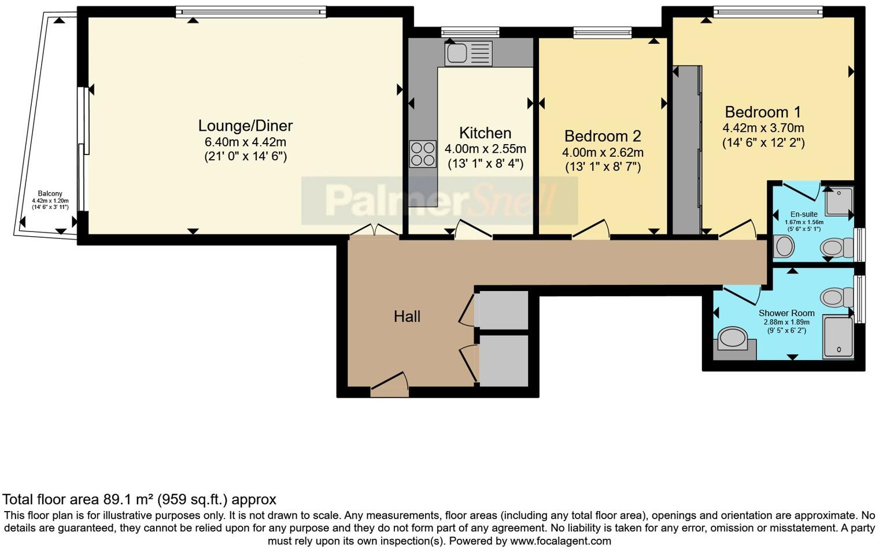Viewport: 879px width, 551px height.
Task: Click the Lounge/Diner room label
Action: click(x=245, y=126)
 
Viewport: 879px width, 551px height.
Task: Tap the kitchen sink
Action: click(x=468, y=53)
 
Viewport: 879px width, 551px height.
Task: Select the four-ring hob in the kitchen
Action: click(x=423, y=154)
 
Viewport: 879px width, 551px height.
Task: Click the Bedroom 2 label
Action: click(x=603, y=136)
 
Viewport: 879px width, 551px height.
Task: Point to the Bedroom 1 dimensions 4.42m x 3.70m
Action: click(x=763, y=128)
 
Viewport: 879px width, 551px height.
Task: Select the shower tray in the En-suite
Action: click(x=839, y=201)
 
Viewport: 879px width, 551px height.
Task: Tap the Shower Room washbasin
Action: click(x=733, y=337)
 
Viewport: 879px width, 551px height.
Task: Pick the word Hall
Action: click(x=407, y=316)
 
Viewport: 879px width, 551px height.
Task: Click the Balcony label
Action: click(x=50, y=193)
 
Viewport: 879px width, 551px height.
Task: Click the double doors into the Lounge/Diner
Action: click(x=375, y=230)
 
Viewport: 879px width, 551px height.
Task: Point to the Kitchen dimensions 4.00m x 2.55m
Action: click(x=485, y=149)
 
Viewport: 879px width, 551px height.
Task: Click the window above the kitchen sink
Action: click(x=470, y=32)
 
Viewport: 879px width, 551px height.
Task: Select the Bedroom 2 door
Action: click(x=591, y=230)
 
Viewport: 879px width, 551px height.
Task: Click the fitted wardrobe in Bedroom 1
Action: click(x=687, y=150)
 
